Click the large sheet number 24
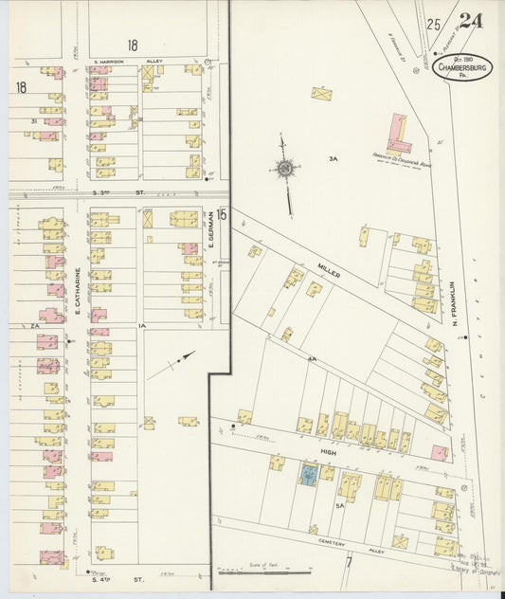pyautogui.click(x=470, y=23)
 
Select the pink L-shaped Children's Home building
pyautogui.click(x=400, y=134)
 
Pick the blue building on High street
pyautogui.click(x=309, y=473)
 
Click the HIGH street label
pyautogui.click(x=328, y=453)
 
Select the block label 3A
pyautogui.click(x=333, y=158)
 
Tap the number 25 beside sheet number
pyautogui.click(x=435, y=25)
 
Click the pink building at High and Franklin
pyautogui.click(x=439, y=452)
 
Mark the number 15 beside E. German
pyautogui.click(x=222, y=214)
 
